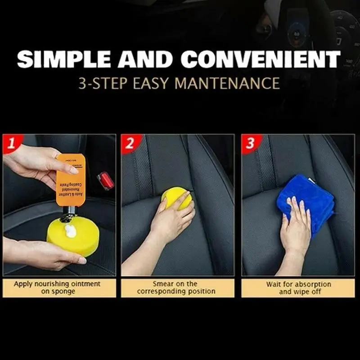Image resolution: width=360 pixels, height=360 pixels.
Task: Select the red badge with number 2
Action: (x=130, y=143)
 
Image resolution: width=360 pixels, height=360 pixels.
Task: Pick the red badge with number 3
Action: (x=250, y=143)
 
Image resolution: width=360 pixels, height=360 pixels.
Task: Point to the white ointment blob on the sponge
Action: (x=70, y=231)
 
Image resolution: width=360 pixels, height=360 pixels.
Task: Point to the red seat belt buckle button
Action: (x=106, y=180)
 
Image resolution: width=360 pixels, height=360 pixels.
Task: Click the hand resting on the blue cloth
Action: (x=296, y=225)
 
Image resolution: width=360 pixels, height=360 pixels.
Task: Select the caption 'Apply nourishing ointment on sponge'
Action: (x=58, y=288)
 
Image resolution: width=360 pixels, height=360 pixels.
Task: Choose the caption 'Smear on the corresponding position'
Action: (x=178, y=288)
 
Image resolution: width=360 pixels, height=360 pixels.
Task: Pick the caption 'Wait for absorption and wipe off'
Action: (x=298, y=288)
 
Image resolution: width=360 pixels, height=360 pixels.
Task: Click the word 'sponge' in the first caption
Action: (x=63, y=292)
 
